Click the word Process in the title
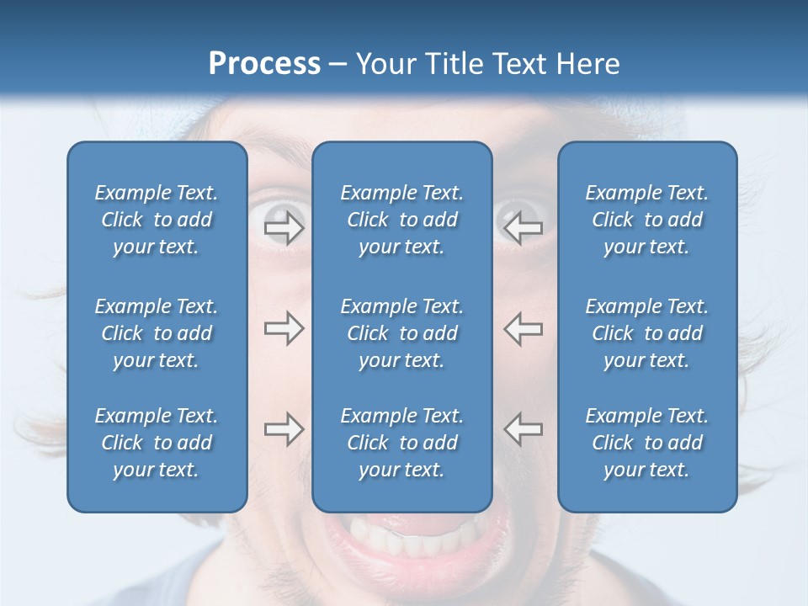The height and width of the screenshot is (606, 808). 264,64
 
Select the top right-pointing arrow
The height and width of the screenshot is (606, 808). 284,228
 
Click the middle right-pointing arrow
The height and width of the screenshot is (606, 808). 284,329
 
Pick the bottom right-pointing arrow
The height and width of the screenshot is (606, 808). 284,429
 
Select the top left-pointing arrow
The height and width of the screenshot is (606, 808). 523,228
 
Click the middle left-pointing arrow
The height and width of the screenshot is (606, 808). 523,329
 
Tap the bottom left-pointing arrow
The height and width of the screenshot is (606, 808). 523,429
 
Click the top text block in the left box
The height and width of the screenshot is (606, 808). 157,220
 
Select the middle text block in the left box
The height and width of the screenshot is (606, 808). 157,333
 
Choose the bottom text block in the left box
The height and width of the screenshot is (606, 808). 157,443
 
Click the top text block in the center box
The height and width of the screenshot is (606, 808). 401,220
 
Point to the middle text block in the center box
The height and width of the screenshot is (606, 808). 401,333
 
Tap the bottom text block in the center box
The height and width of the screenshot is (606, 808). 401,443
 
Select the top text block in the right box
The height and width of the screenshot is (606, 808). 646,220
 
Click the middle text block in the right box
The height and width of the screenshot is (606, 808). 646,333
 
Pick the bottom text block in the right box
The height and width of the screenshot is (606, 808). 646,443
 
